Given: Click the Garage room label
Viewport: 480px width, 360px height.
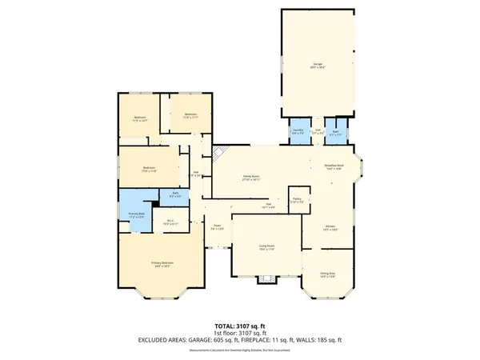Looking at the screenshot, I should click(318, 65).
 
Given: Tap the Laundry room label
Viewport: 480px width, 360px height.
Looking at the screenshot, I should click(298, 132).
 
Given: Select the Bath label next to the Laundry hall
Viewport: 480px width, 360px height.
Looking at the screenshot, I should click(335, 132).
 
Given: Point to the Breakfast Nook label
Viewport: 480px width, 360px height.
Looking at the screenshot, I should click(334, 167).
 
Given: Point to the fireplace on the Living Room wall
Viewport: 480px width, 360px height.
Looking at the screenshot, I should click(266, 279).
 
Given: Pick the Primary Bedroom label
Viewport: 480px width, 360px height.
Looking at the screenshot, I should click(162, 264).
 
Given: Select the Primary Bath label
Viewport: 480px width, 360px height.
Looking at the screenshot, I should click(136, 214).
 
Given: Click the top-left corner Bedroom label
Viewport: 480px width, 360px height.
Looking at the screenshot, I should click(140, 119).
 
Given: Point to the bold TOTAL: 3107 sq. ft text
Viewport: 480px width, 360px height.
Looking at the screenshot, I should click(239, 326).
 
